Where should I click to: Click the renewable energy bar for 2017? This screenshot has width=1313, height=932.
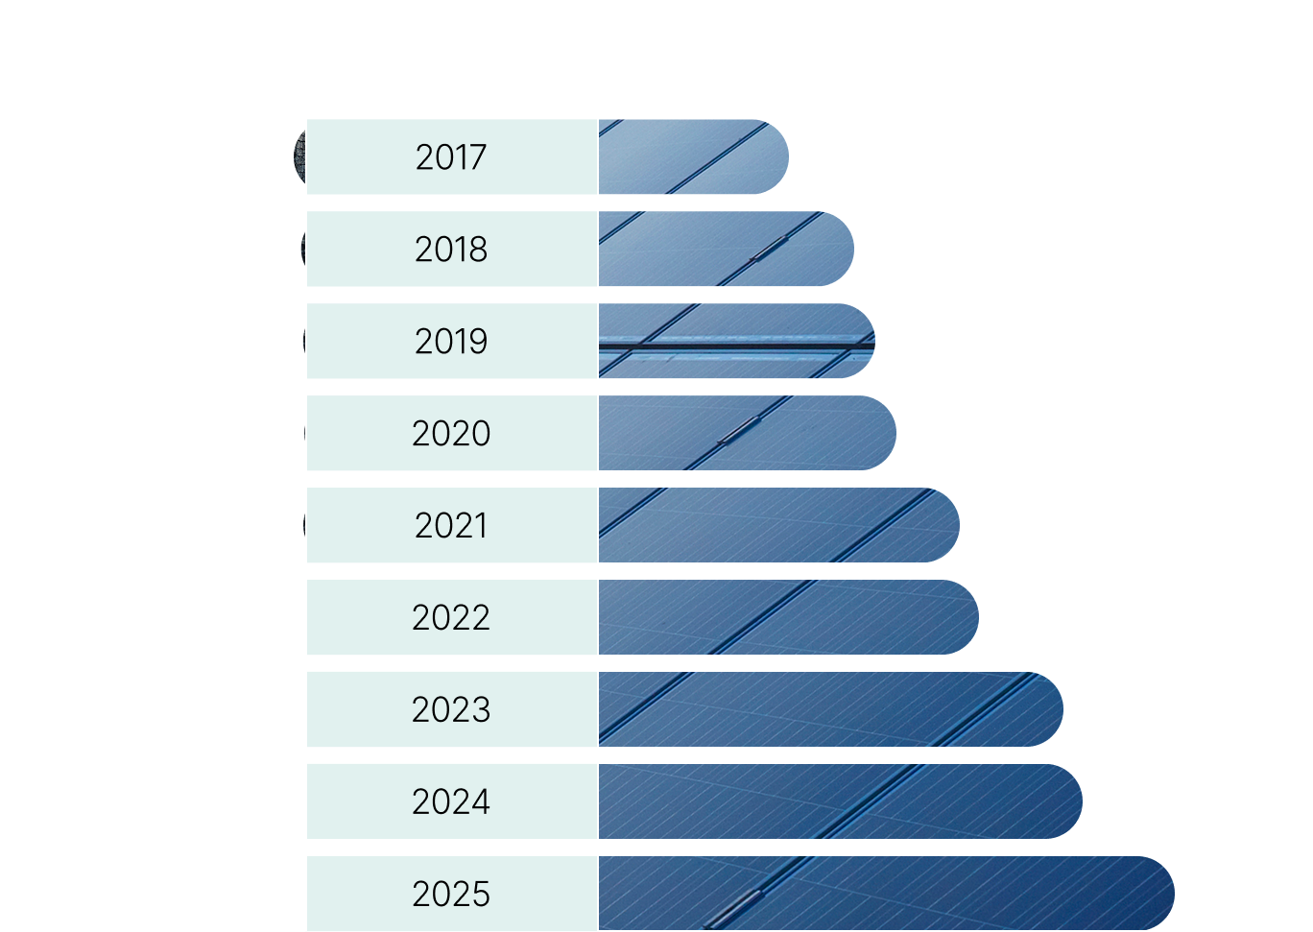[691, 157]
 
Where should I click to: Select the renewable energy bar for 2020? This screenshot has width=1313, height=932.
[746, 433]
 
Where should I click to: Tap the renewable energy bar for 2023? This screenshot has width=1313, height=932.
[829, 709]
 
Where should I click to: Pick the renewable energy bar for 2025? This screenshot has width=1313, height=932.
[885, 894]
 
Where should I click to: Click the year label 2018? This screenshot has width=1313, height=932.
[451, 250]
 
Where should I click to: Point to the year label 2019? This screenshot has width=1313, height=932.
[451, 342]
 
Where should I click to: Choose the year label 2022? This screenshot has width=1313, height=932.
[451, 617]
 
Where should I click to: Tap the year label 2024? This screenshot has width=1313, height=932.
[451, 801]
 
